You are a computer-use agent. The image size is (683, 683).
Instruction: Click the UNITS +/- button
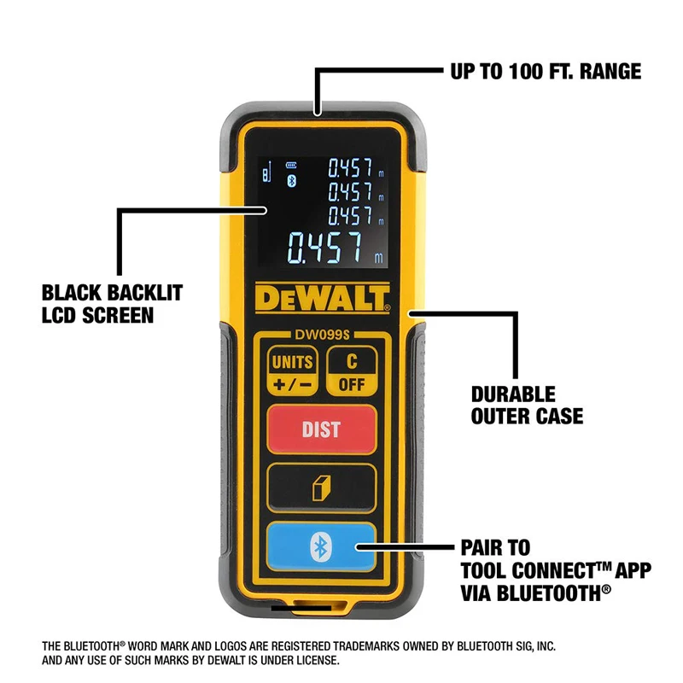[x=292, y=372]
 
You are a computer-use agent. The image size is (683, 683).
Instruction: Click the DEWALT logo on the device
[x=321, y=300]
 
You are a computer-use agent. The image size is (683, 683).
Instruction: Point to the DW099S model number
[x=321, y=336]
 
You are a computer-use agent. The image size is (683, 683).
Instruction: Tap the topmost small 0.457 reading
[x=350, y=166]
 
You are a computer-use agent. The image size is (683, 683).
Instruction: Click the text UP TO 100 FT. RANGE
[x=546, y=72]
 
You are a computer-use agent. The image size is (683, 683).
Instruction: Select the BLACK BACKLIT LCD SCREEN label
[x=112, y=305]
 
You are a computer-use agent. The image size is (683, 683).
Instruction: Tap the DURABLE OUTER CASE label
[x=527, y=406]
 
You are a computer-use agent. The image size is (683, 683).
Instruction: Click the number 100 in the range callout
[x=522, y=72]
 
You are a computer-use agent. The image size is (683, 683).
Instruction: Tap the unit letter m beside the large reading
[x=378, y=258]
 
